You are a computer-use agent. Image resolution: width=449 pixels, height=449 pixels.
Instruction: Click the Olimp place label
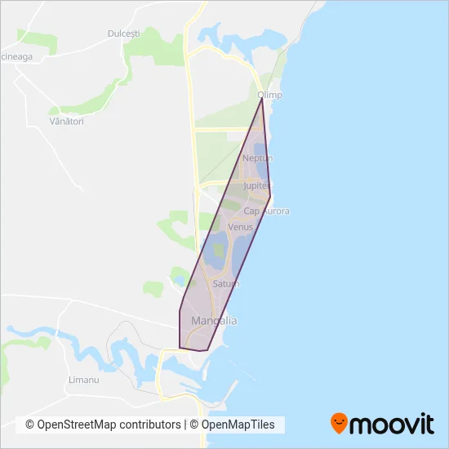tap(269, 95)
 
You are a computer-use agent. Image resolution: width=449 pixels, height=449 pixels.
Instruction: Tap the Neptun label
tap(257, 158)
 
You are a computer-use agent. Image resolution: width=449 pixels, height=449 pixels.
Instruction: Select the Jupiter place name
tap(256, 186)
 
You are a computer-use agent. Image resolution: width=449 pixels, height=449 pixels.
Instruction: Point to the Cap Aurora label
tap(266, 211)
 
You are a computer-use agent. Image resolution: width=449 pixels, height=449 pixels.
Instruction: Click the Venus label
tap(241, 226)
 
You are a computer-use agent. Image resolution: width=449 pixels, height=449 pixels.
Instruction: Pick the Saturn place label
tap(225, 283)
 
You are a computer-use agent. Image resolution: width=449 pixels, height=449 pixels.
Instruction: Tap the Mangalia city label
tap(213, 321)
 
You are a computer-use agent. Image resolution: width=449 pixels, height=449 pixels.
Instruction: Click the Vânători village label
tap(56, 121)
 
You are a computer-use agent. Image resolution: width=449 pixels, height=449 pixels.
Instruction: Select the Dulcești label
tap(124, 33)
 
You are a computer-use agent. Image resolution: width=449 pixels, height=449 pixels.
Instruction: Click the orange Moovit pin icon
tap(339, 424)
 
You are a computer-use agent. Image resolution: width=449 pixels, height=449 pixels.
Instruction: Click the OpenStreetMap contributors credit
tap(104, 425)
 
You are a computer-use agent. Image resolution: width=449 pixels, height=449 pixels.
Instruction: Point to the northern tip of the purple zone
tap(262, 99)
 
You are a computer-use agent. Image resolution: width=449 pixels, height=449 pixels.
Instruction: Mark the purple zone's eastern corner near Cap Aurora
tap(271, 194)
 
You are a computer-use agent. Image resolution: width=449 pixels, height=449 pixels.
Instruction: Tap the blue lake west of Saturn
tap(216, 252)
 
